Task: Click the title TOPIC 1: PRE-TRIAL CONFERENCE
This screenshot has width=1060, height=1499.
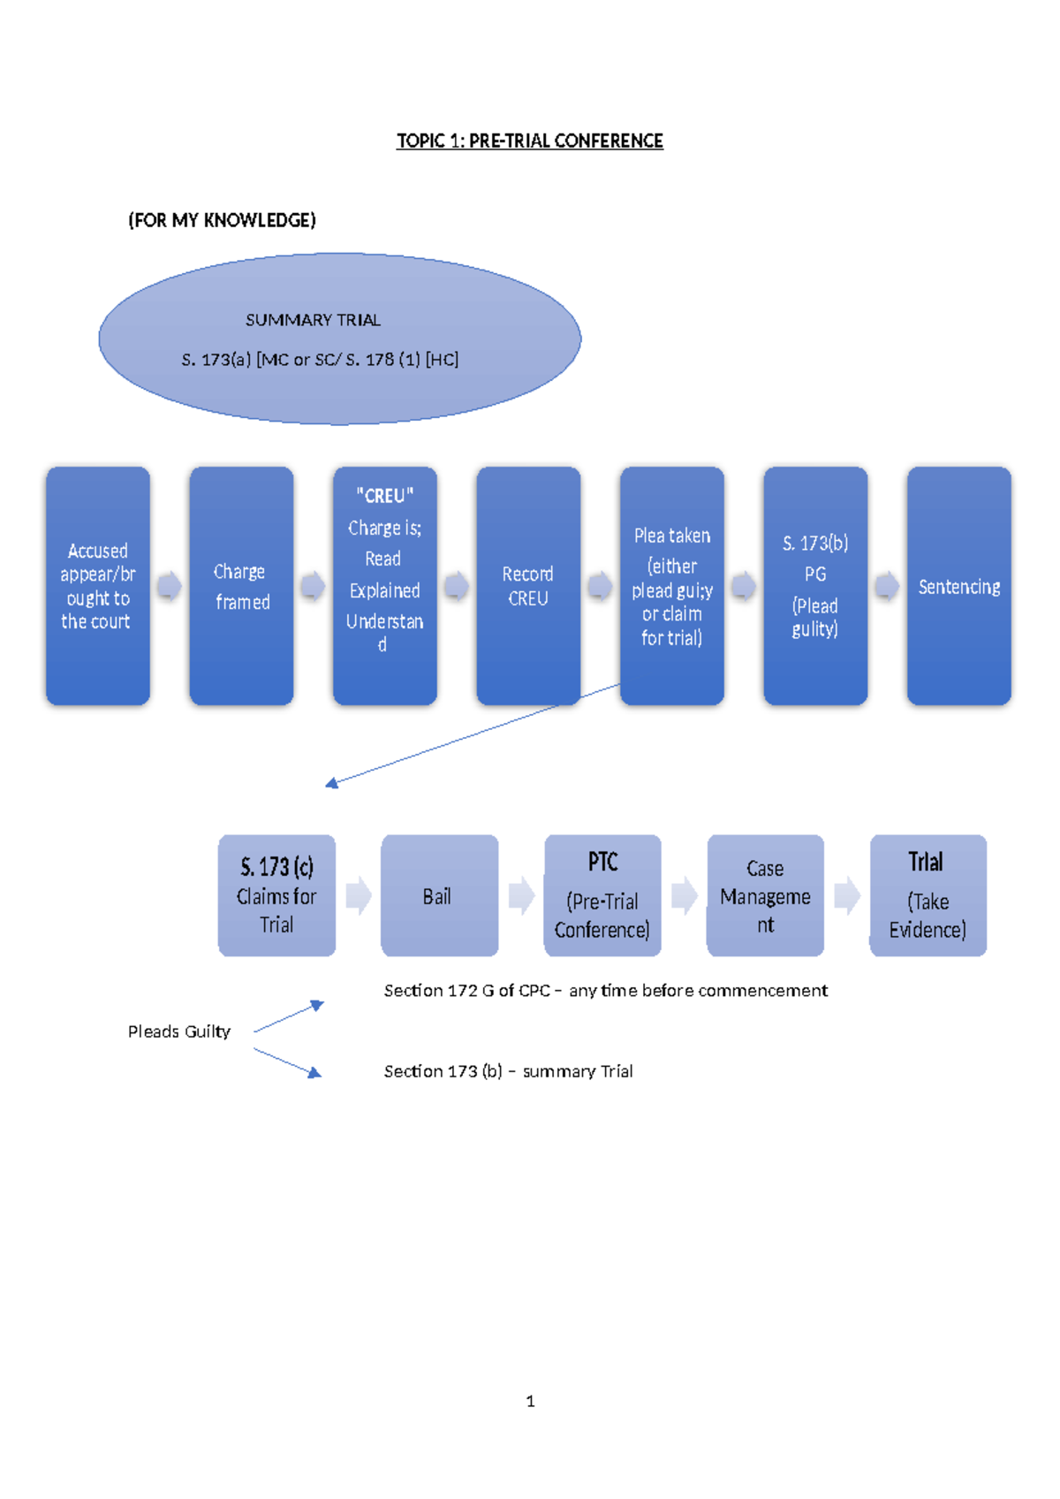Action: point(530,141)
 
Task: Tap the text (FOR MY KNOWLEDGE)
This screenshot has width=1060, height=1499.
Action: point(222,220)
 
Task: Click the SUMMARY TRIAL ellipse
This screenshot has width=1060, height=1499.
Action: point(340,339)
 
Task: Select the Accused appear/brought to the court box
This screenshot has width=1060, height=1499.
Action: point(98,586)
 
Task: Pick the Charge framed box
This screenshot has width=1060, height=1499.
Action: point(241,586)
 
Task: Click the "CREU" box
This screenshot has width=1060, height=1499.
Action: point(385,586)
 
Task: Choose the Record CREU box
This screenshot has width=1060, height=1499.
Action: point(528,586)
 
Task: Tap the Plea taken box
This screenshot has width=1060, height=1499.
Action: point(672,586)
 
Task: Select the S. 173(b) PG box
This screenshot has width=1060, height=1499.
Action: point(816,586)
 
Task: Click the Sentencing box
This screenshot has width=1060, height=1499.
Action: point(959,586)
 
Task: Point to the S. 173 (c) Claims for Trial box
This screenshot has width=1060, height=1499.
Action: point(276,895)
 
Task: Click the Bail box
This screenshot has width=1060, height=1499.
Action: point(439,895)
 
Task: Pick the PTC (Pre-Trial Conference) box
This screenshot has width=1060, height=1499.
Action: point(602,895)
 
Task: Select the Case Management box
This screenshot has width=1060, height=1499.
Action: point(765,895)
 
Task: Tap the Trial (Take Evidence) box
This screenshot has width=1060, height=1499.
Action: point(928,895)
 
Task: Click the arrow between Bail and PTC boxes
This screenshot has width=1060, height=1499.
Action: point(522,895)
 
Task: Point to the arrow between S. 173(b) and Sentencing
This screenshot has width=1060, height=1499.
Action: point(888,586)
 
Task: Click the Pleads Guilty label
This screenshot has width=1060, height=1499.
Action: point(179,1031)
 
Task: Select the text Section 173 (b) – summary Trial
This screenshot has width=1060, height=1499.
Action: point(508,1071)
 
